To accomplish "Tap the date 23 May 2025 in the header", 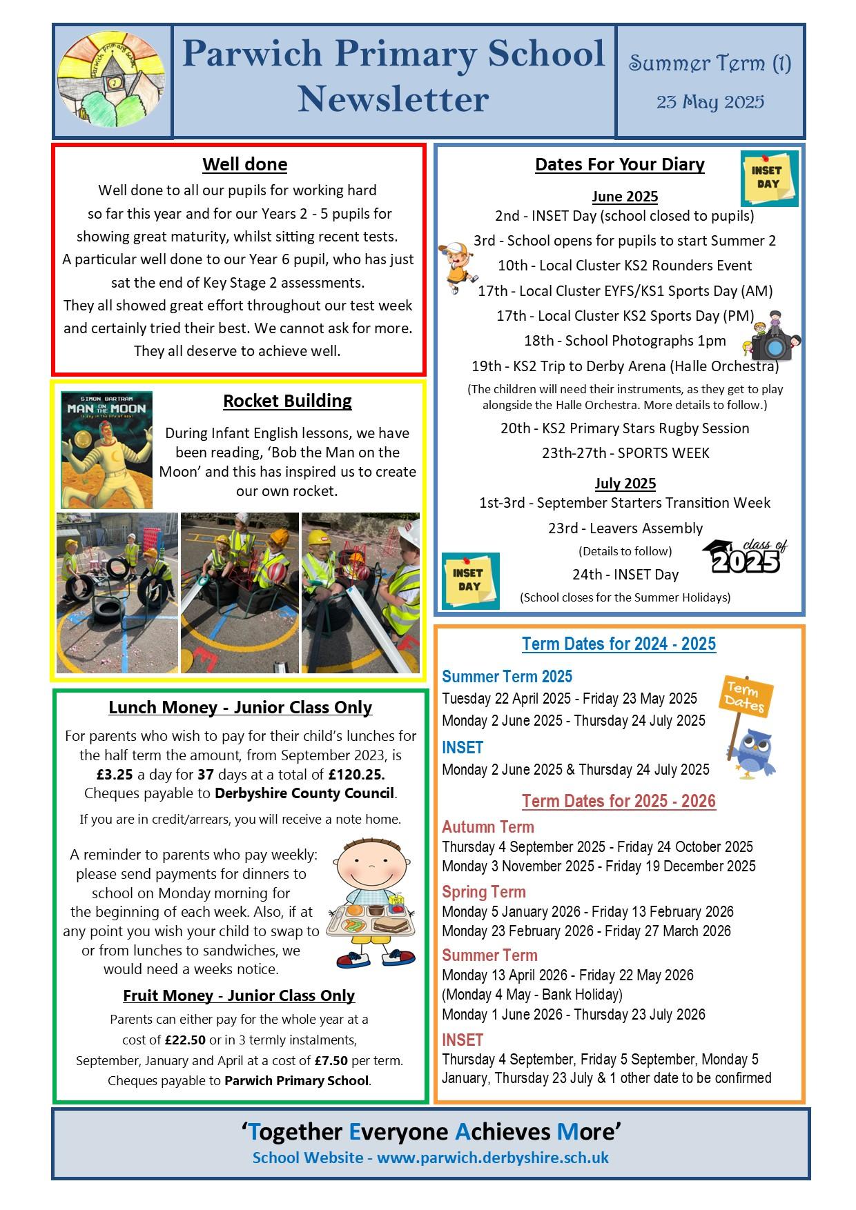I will pos(710,102).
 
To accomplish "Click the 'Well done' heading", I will pos(244,164).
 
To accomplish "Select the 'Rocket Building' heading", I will pos(287,401).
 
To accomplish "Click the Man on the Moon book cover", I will pos(106,450).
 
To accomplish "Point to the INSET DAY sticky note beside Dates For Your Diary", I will pos(769,178).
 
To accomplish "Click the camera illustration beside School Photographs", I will pos(771,339).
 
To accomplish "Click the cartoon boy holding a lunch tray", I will pos(372,904).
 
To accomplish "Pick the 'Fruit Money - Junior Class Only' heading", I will pos(239,995).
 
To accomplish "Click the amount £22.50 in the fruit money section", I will pos(185,1040).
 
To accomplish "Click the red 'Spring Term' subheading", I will pos(483,891).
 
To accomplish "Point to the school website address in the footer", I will pos(493,1157).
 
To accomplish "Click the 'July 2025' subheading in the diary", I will pos(625,483).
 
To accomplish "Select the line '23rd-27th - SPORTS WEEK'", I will pos(625,453).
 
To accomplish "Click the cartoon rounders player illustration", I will pos(454,266).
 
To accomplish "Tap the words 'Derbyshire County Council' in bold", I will pos(304,793).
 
